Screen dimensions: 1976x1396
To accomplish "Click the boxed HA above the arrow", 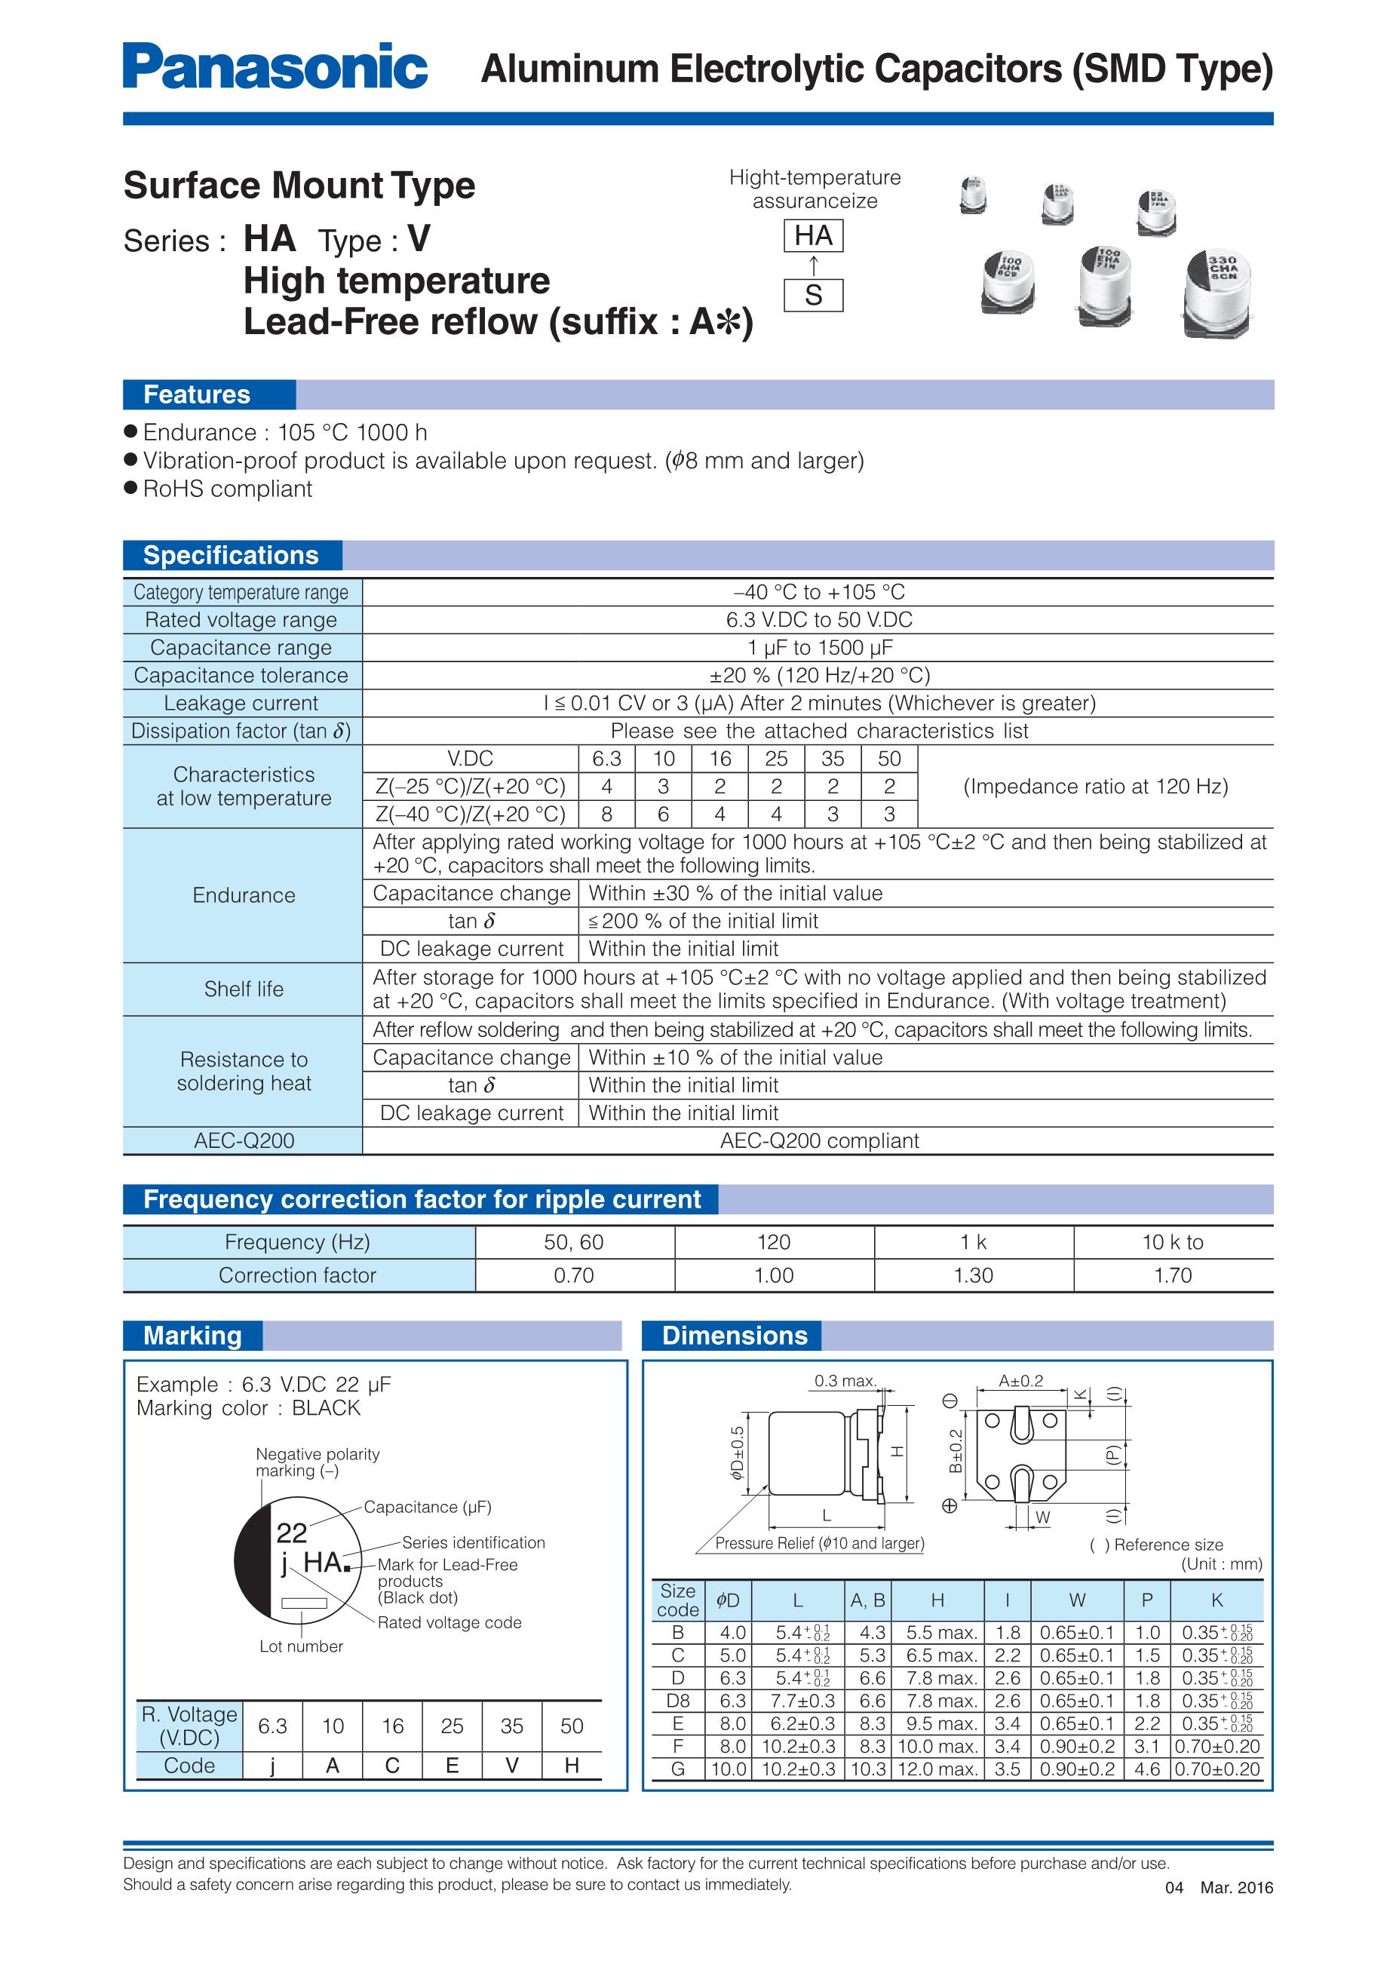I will (812, 236).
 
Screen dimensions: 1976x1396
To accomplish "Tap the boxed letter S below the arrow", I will (812, 295).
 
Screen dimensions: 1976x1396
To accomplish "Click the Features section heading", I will (196, 394).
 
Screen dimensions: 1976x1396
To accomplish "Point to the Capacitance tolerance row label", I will (241, 676).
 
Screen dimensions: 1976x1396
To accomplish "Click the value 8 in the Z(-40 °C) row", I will (607, 814).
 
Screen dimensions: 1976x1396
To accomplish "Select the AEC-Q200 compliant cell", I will (818, 1140).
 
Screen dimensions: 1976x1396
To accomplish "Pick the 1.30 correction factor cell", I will (974, 1275).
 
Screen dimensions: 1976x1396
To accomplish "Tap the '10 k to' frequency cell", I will (1172, 1242).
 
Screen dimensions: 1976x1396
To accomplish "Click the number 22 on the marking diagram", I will (292, 1533).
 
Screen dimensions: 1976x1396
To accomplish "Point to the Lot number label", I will (301, 1646).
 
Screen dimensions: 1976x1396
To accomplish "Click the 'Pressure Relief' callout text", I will (819, 1543).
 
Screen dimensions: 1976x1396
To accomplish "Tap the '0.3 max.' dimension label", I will (845, 1381).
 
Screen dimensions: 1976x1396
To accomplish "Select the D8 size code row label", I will (677, 1701).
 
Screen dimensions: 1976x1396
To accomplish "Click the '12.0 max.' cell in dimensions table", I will (937, 1769).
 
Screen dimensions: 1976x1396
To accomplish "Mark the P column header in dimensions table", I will (1146, 1600).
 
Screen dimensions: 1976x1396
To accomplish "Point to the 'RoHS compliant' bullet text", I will (227, 489).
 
